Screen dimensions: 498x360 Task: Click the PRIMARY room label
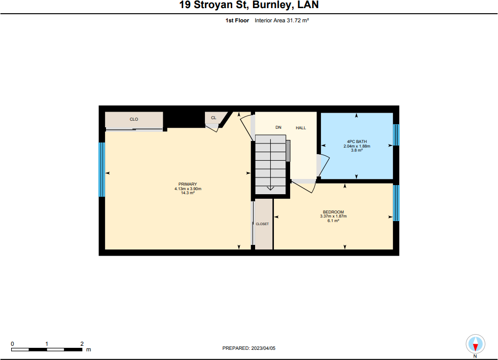(x=188, y=184)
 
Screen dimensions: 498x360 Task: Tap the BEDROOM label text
(x=333, y=212)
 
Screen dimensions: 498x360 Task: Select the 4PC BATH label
(x=357, y=141)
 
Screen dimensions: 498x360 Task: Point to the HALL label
(x=301, y=128)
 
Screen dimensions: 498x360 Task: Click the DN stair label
(x=278, y=127)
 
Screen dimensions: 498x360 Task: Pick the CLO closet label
(x=134, y=119)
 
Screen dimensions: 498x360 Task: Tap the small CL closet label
(x=214, y=118)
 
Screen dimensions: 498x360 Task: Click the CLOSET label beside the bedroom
(x=262, y=224)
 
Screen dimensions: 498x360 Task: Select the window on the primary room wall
(x=101, y=169)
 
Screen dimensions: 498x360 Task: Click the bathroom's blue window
(x=396, y=135)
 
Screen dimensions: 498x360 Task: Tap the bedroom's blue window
(x=396, y=203)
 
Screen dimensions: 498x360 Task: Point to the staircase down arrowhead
(x=270, y=188)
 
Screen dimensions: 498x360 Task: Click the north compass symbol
(x=475, y=344)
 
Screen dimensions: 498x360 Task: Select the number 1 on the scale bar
(x=47, y=344)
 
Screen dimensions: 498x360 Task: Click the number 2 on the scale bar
(x=82, y=344)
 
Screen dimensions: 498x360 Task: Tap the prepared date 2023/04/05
(x=263, y=348)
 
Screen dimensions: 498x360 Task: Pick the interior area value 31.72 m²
(x=298, y=20)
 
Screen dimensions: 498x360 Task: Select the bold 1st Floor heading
(x=237, y=20)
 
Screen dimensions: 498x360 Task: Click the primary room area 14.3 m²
(x=188, y=193)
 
